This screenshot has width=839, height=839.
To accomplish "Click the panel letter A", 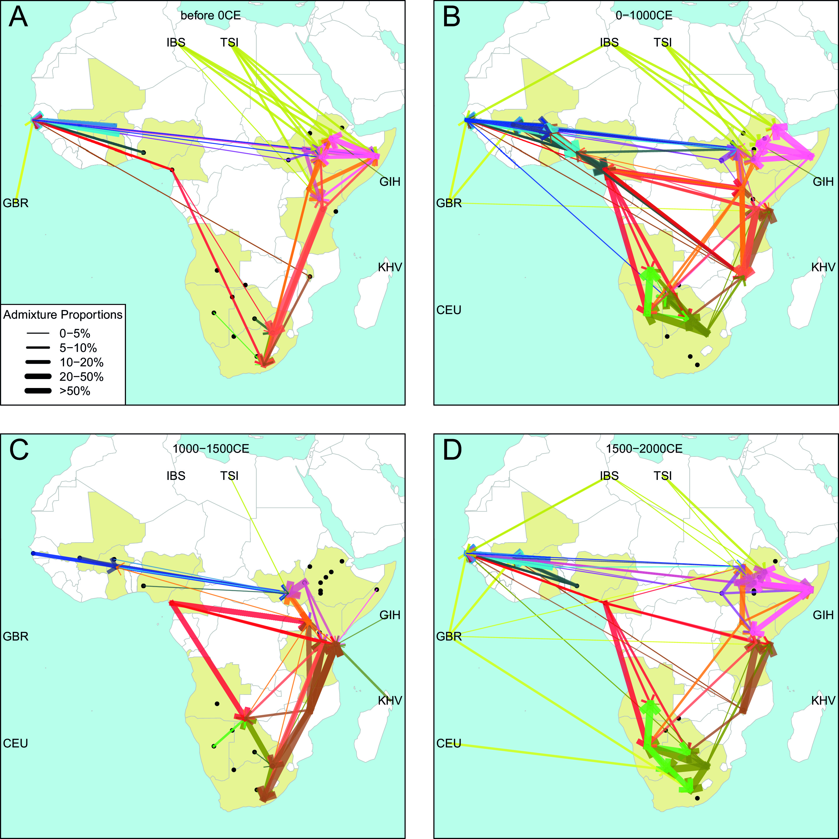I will click(18, 17).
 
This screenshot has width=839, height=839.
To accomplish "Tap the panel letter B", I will click(452, 17).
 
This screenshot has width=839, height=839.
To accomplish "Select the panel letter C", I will click(19, 450).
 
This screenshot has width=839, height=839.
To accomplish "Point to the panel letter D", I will click(452, 450).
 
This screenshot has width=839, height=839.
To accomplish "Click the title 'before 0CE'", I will click(210, 16).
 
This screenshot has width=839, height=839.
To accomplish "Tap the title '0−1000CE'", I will click(644, 16).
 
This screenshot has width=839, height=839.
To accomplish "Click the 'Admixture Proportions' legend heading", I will click(63, 314).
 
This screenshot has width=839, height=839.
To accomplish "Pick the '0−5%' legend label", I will click(75, 333).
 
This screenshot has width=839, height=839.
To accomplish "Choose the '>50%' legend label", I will click(75, 391).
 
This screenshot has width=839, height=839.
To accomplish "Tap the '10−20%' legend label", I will click(81, 362).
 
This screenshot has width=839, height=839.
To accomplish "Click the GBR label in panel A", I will click(16, 203).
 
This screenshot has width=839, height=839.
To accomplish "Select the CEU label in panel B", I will click(449, 310).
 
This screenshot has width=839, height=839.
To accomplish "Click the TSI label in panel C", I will click(229, 476).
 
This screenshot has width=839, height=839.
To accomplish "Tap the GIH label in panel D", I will click(823, 615).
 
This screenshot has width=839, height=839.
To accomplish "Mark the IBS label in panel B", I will click(609, 42).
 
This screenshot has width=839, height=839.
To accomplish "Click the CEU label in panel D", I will click(449, 743).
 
